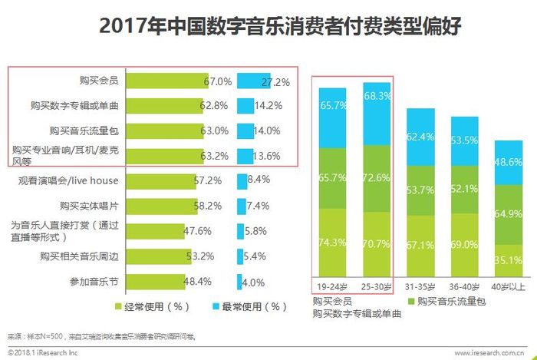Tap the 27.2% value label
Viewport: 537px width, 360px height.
click(x=275, y=81)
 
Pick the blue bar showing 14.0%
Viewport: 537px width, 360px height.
click(x=245, y=131)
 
